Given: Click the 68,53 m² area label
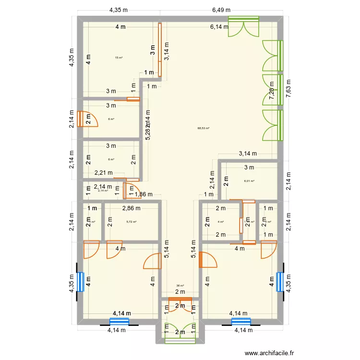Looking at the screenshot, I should coord(204,128).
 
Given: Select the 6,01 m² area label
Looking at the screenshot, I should coord(249,181).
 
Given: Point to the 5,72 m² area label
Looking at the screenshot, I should coord(131,222).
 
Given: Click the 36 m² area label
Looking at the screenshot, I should coord(180,286).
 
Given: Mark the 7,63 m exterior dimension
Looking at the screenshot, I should coord(288,88).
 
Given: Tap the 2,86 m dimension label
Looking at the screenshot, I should coord(131,208).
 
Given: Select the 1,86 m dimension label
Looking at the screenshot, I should coord(144,194).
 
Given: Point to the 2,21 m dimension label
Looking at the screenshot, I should coord(103,173).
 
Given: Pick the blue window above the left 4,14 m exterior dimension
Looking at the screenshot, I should coord(119,321).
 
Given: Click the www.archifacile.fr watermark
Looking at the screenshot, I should coord(269,353).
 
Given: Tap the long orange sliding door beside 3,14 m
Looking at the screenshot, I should coord(160,50).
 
